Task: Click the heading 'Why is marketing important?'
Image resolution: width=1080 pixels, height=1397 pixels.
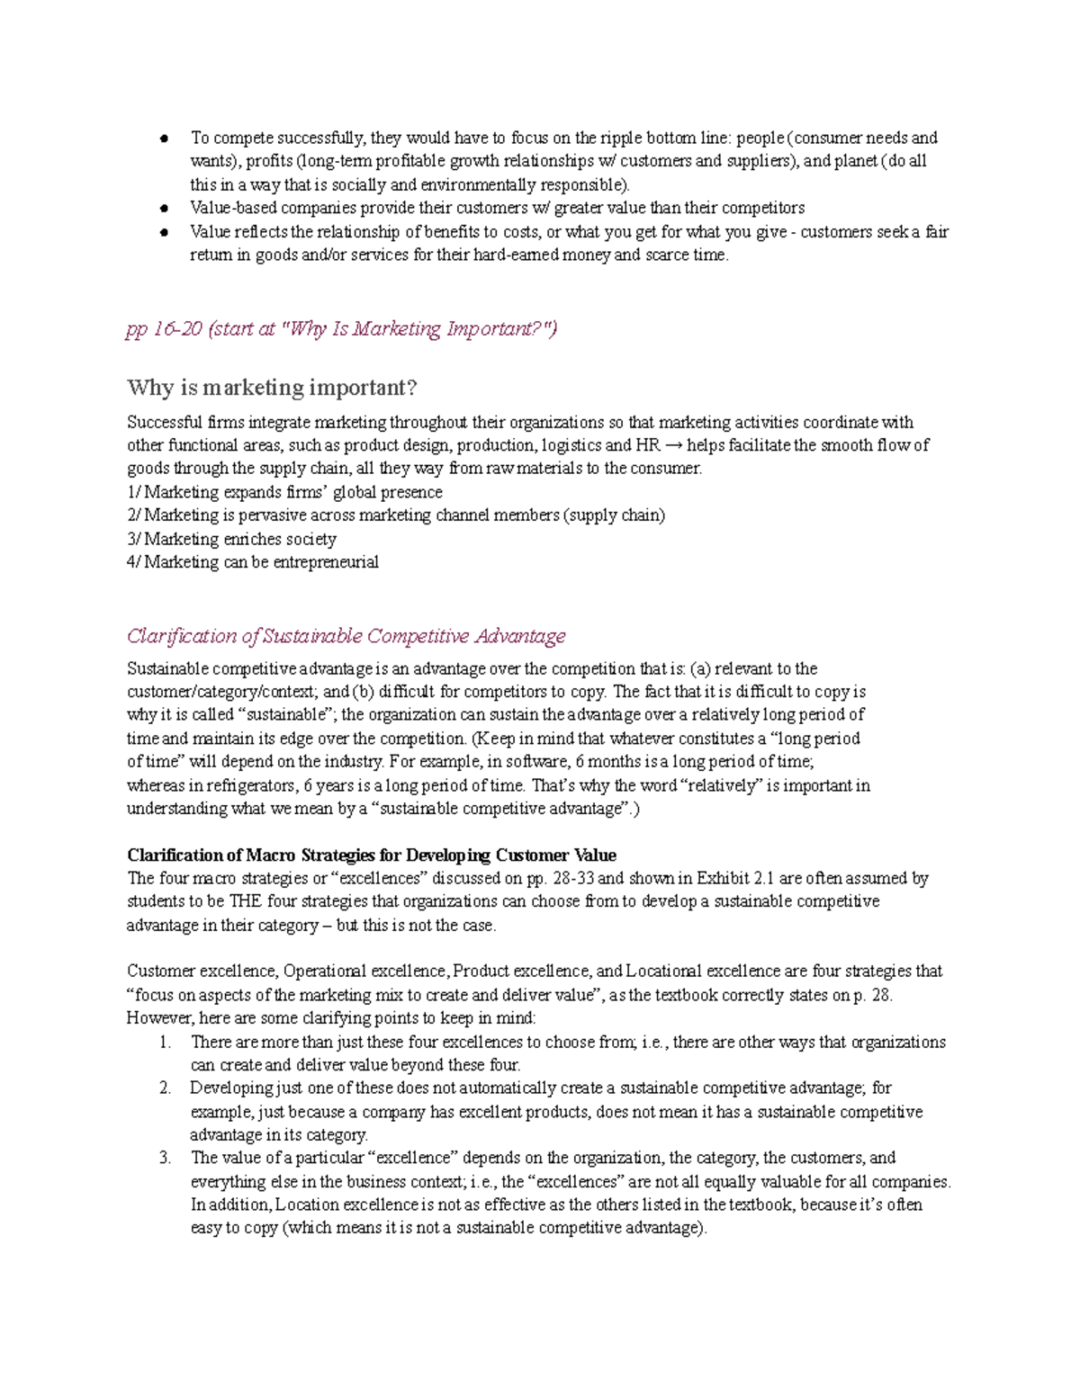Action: [x=272, y=388]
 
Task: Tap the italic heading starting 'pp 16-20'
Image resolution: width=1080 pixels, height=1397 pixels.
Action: [x=341, y=329]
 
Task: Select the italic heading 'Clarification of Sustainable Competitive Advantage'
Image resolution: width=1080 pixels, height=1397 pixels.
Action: [x=346, y=636]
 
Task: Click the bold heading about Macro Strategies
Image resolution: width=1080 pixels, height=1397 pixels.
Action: [x=371, y=855]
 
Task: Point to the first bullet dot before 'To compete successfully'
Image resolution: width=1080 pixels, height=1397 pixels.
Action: [x=165, y=139]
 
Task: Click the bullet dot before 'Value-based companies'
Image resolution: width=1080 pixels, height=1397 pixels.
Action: [x=165, y=209]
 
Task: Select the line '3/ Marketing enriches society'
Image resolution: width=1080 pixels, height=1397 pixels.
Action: [x=231, y=539]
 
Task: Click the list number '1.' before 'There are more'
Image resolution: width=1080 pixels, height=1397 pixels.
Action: [x=165, y=1043]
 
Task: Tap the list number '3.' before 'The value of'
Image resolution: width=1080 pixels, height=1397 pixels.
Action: [x=165, y=1158]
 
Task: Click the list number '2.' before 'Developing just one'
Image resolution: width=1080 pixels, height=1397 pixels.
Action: [x=165, y=1088]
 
